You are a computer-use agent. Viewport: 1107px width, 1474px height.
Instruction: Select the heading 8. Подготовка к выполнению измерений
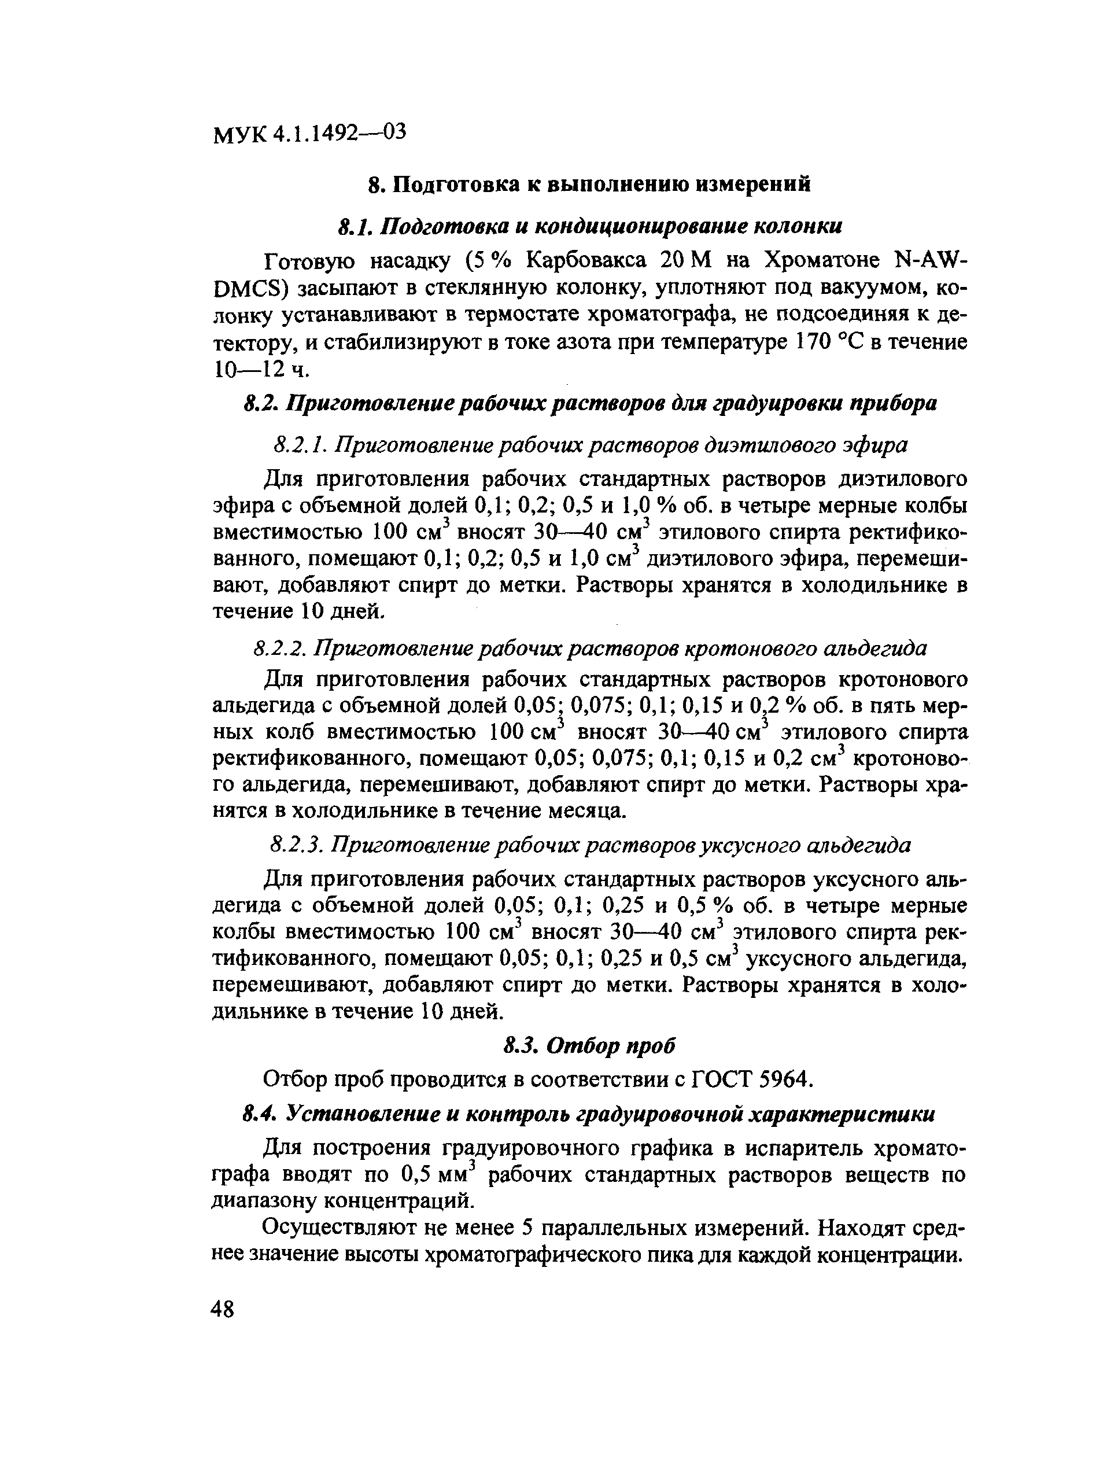point(589,184)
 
